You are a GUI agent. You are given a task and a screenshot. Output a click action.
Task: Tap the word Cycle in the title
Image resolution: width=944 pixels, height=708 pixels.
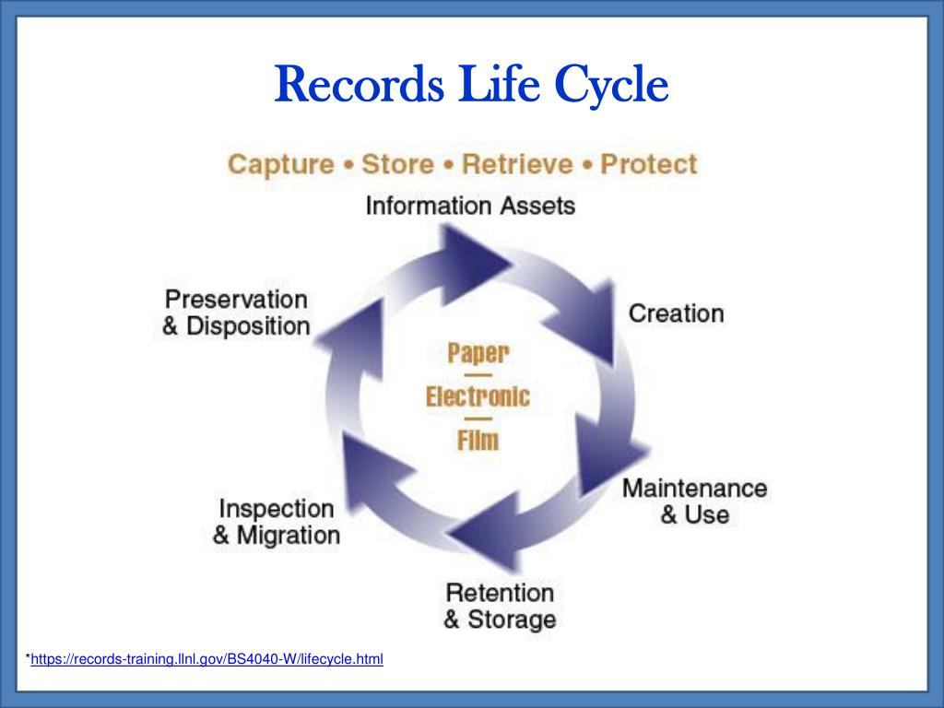click(609, 87)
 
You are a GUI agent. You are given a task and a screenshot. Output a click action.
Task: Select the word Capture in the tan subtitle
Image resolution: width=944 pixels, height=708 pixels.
click(280, 165)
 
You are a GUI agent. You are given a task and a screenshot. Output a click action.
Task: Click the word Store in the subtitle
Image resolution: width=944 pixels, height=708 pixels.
click(397, 165)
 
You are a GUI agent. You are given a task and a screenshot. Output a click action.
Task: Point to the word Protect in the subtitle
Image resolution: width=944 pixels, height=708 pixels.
click(648, 165)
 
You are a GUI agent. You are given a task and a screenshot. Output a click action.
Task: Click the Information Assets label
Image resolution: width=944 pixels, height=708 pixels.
click(470, 206)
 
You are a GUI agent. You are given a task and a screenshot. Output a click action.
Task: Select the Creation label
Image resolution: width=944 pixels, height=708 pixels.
click(676, 313)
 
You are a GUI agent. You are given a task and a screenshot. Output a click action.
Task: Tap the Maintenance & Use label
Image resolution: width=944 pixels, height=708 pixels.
click(694, 501)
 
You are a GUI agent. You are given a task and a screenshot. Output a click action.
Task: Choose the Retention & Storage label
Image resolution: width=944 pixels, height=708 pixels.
click(500, 606)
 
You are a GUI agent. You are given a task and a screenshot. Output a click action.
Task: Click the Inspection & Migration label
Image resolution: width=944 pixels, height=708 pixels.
click(276, 521)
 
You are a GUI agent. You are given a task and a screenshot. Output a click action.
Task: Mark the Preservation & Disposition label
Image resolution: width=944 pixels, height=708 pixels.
click(236, 313)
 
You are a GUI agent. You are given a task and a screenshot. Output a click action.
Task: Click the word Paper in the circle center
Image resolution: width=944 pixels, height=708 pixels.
click(478, 353)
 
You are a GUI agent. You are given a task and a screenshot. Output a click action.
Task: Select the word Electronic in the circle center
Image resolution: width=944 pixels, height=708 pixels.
click(478, 397)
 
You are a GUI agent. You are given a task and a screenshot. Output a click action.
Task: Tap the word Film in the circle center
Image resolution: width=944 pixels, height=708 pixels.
click(478, 440)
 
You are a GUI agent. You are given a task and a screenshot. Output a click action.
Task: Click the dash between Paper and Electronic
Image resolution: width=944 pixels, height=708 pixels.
click(478, 375)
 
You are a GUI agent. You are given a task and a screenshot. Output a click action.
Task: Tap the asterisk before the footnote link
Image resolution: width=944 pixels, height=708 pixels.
click(28, 657)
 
